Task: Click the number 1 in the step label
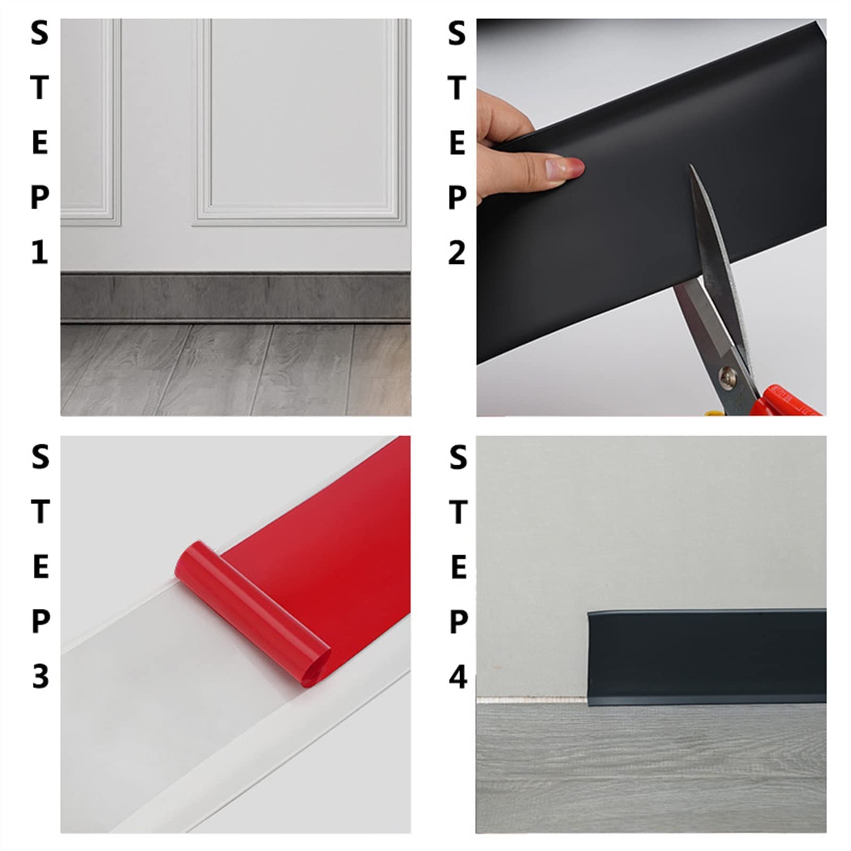click(x=39, y=252)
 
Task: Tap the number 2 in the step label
click(x=457, y=252)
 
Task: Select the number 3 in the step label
click(x=40, y=677)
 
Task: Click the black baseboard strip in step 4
click(x=707, y=657)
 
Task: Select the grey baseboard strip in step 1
click(x=235, y=297)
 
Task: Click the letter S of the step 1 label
click(x=39, y=33)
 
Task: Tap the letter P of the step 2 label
click(x=457, y=197)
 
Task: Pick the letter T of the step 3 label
click(x=40, y=511)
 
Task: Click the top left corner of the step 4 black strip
click(x=588, y=612)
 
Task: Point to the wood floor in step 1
click(x=235, y=370)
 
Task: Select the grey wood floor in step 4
click(x=651, y=768)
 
